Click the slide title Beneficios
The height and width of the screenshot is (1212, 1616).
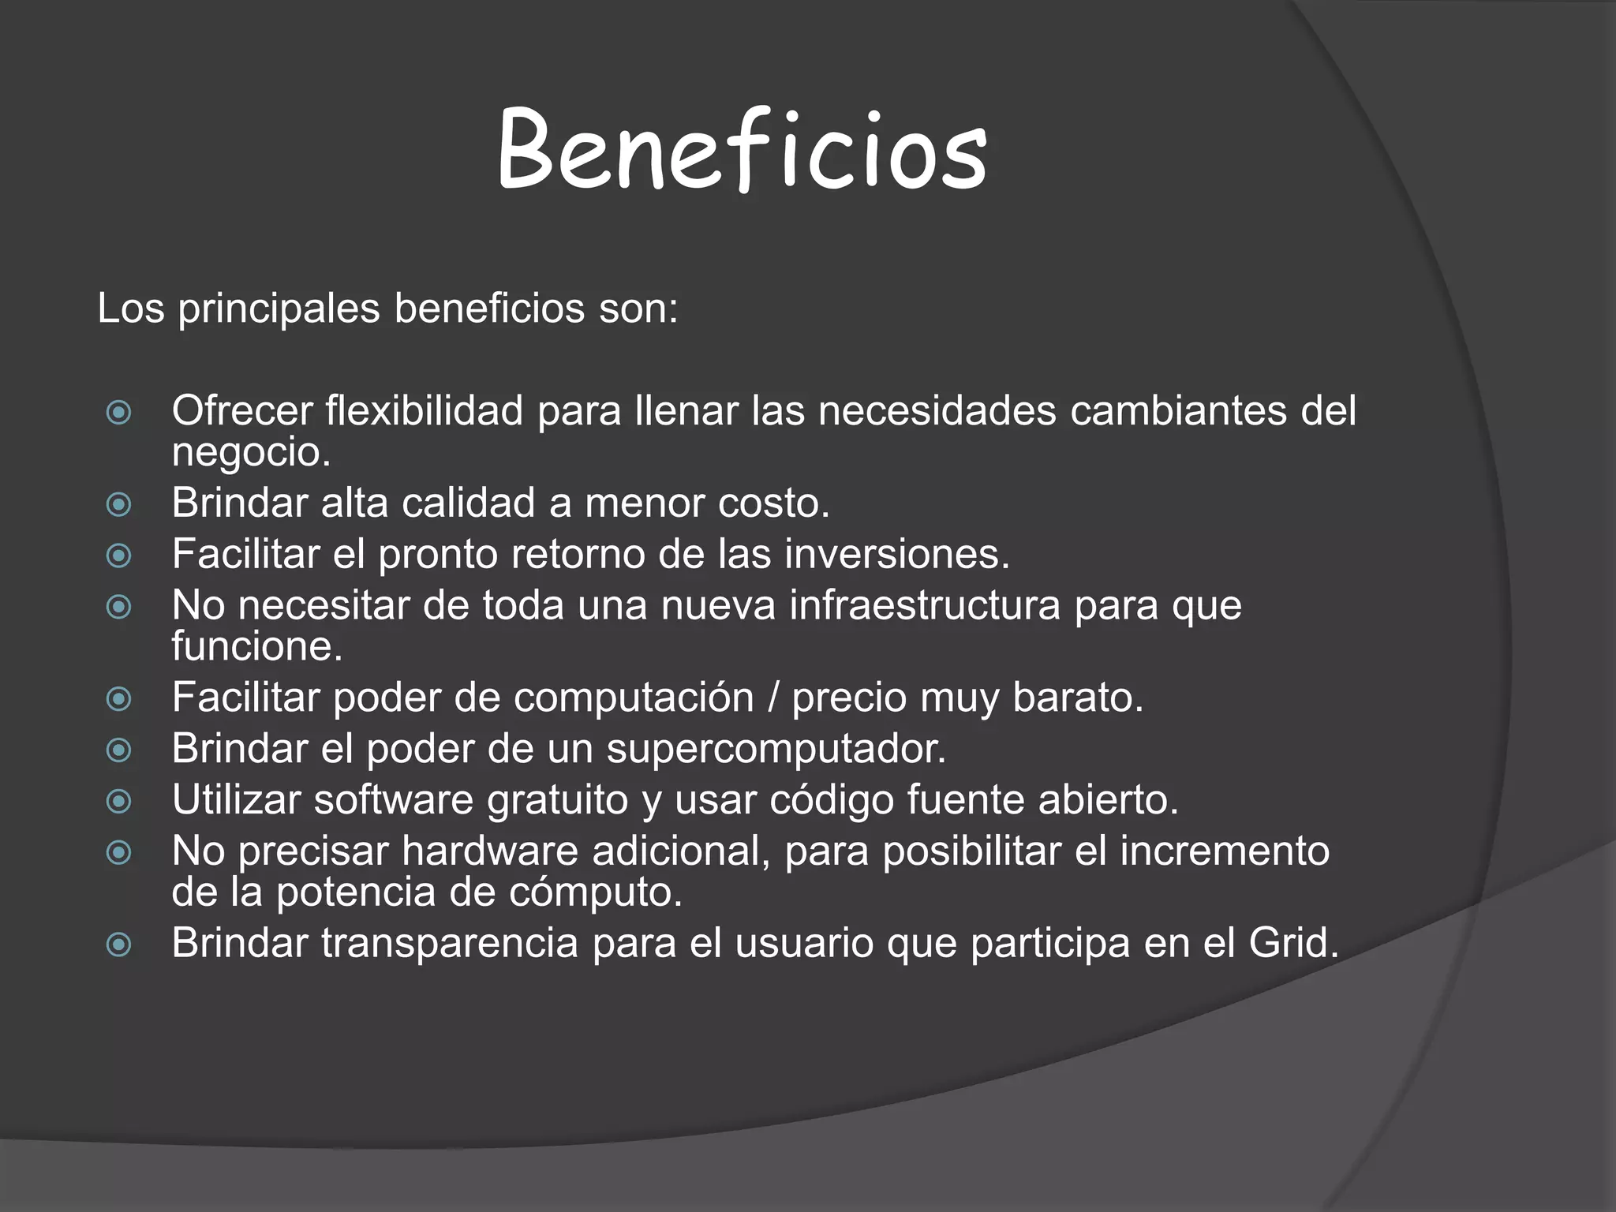click(x=742, y=150)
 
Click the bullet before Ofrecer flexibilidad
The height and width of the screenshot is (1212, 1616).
click(x=118, y=412)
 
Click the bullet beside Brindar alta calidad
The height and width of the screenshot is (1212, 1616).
click(x=118, y=504)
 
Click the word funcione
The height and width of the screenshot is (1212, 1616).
click(x=256, y=646)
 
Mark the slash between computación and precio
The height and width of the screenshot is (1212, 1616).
click(x=772, y=698)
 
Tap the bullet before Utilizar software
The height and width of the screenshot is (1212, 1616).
click(x=118, y=802)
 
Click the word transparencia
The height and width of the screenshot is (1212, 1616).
click(x=450, y=944)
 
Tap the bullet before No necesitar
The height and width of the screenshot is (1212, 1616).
click(x=118, y=607)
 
